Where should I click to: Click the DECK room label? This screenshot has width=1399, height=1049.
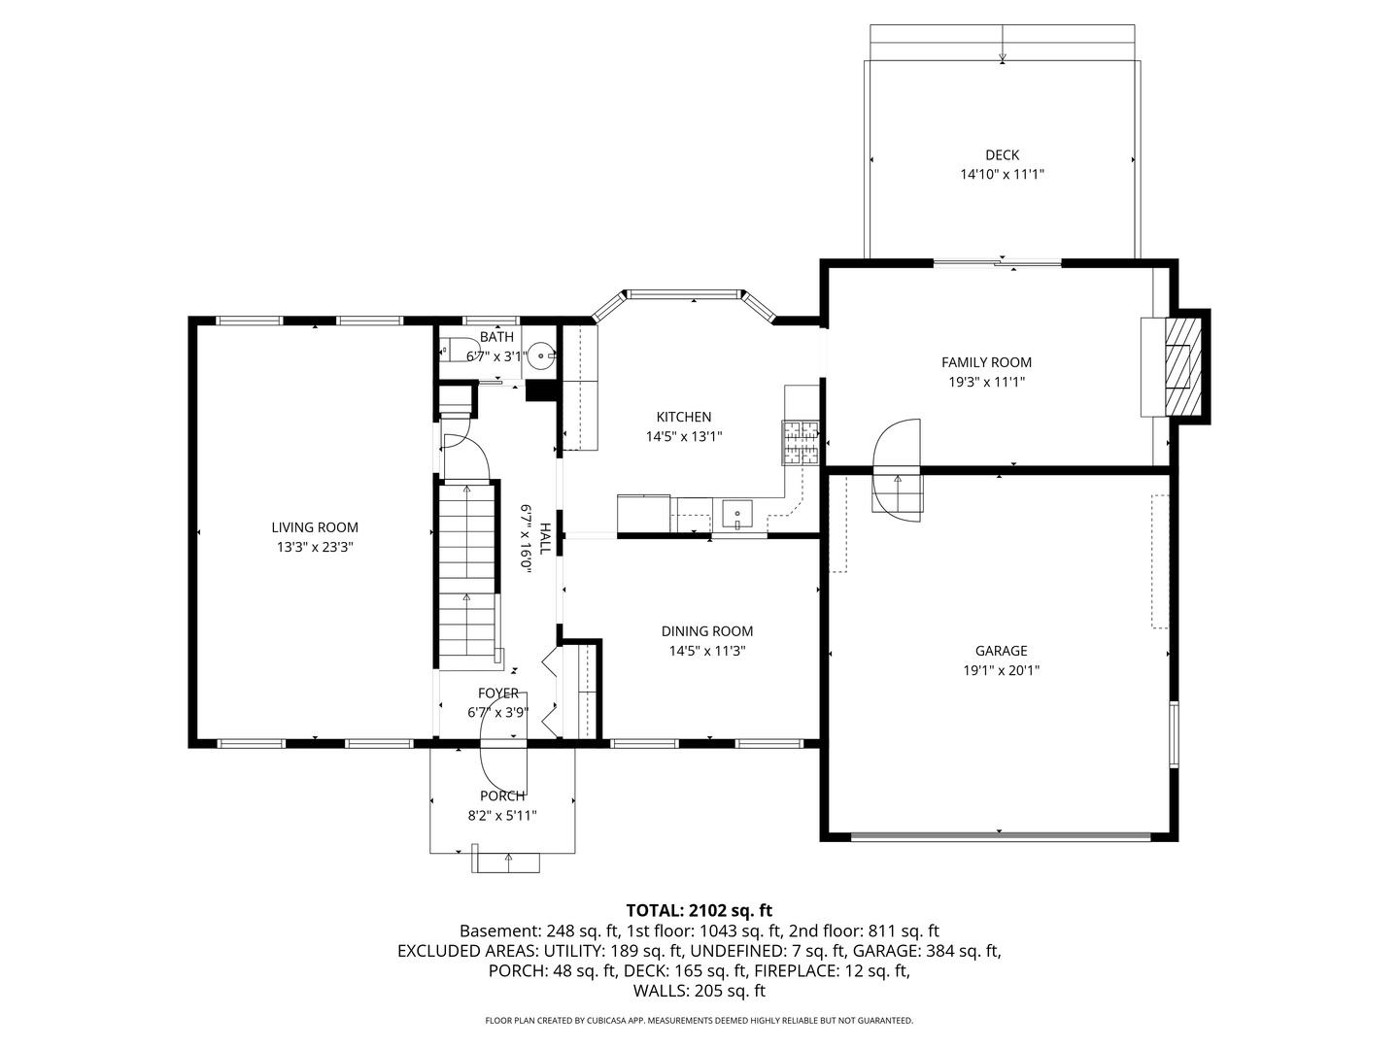click(1002, 155)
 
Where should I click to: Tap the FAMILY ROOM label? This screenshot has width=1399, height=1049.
click(986, 362)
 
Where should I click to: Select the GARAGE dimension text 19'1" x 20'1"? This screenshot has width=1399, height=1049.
click(1001, 670)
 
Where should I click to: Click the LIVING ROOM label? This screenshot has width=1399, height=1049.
click(315, 527)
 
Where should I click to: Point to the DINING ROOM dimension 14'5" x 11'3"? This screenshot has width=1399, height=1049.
click(707, 652)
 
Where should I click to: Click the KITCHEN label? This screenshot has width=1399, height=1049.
click(684, 417)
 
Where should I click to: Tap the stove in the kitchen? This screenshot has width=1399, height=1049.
click(801, 442)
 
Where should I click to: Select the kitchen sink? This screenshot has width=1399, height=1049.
click(738, 512)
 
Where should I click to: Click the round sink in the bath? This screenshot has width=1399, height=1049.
click(541, 355)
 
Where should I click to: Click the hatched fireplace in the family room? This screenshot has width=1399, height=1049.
click(1178, 365)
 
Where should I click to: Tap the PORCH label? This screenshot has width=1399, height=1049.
click(502, 795)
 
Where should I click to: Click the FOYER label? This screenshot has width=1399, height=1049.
click(498, 693)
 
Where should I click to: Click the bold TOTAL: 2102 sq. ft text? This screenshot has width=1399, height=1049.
click(699, 910)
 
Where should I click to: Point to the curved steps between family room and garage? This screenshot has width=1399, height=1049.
click(897, 471)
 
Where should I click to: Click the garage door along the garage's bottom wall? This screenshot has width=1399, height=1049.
click(1001, 834)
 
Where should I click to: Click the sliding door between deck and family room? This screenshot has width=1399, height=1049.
click(998, 262)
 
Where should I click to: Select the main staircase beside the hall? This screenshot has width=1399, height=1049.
click(468, 573)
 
